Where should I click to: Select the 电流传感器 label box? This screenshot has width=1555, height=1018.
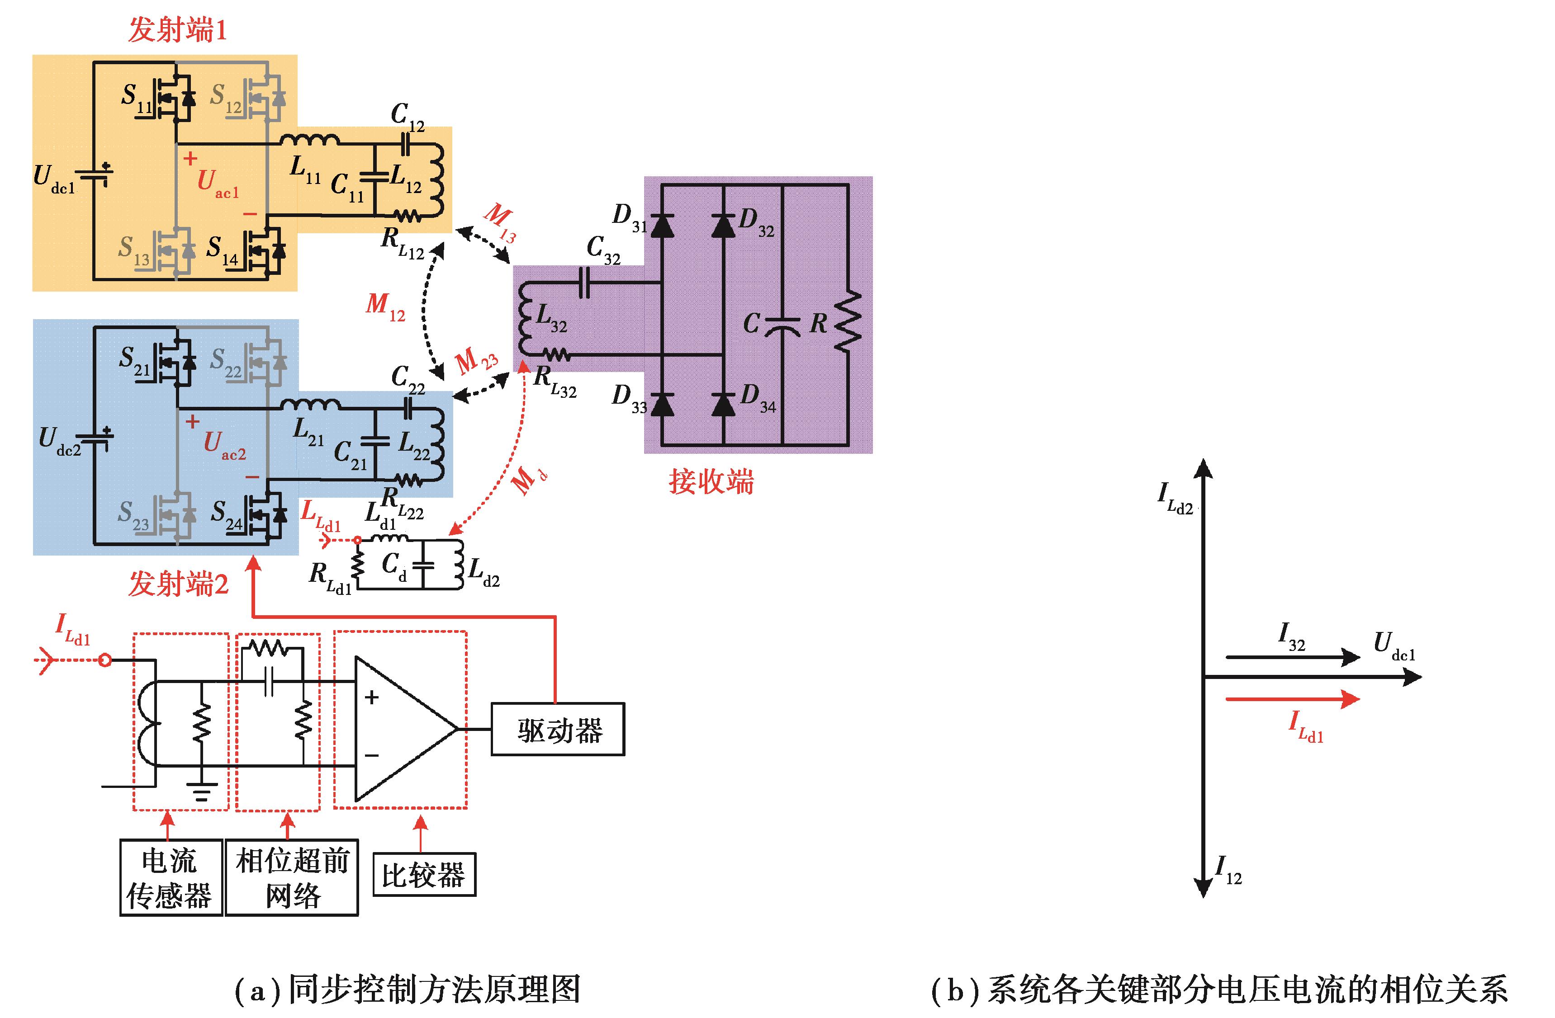(171, 877)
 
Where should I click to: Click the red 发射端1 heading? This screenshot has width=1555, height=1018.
(177, 30)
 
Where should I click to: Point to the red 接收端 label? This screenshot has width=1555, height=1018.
(711, 482)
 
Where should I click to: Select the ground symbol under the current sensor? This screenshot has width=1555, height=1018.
(202, 793)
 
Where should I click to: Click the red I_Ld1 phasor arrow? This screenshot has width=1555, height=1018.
(1292, 699)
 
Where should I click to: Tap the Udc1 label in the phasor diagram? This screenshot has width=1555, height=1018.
(1394, 646)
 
